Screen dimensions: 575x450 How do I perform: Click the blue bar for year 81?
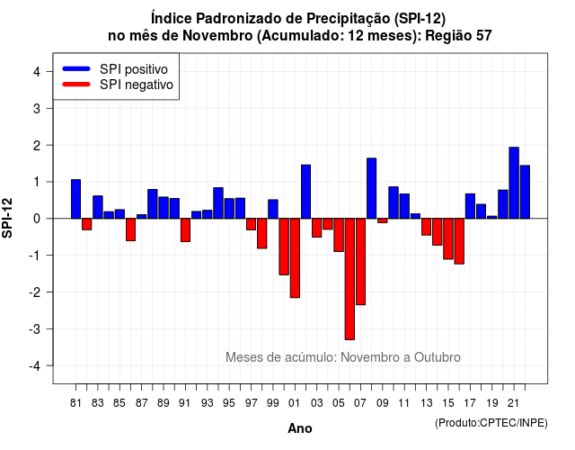point(75,199)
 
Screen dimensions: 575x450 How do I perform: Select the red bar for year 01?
point(295,258)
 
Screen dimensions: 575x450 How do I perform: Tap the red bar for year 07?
point(360,262)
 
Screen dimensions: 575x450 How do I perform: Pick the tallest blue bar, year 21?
point(514,183)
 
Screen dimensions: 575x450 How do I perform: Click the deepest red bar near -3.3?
point(349,279)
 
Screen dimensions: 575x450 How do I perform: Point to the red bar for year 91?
point(185,230)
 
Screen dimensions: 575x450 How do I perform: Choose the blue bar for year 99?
point(273,209)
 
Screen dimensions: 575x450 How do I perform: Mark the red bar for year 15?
point(448,238)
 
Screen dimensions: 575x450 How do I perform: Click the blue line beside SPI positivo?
point(76,68)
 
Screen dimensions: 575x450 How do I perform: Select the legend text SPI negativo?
point(137,85)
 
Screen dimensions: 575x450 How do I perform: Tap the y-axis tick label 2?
point(37,146)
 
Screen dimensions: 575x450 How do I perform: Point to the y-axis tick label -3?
point(35,329)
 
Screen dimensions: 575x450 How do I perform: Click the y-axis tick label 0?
point(37,219)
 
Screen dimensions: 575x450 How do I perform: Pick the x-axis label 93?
point(207,403)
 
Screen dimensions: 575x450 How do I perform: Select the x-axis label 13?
point(426,403)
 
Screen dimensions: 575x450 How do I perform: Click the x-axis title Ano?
point(300,428)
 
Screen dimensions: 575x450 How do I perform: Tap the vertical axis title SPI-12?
point(7,218)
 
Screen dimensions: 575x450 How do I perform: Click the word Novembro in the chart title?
point(217,36)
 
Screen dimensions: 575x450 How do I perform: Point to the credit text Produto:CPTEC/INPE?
point(491,423)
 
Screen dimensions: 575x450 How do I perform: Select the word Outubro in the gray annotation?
point(438,357)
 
